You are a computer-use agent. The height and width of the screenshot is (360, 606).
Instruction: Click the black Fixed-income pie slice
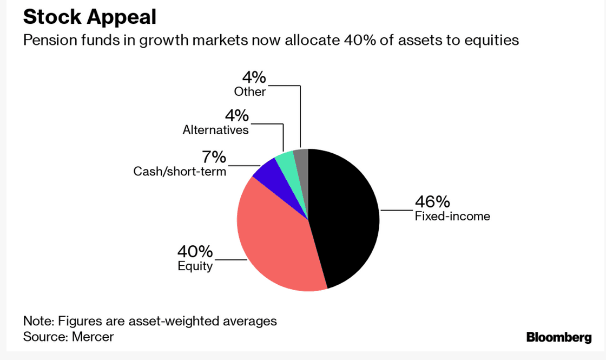click(x=346, y=217)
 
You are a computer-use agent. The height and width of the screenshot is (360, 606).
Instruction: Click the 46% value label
click(x=432, y=202)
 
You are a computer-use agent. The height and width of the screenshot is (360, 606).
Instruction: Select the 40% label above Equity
click(x=195, y=252)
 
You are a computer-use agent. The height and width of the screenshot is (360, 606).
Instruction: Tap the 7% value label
click(x=214, y=158)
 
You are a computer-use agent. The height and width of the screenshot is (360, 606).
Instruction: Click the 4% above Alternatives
click(x=237, y=116)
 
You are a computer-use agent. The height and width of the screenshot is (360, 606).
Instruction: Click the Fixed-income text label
click(x=452, y=217)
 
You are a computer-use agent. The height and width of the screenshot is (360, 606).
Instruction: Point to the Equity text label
click(x=195, y=266)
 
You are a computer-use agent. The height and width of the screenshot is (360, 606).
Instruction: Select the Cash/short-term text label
click(x=180, y=172)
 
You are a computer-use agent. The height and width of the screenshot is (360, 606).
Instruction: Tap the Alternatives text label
click(x=215, y=130)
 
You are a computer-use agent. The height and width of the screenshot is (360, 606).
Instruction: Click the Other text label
click(x=250, y=91)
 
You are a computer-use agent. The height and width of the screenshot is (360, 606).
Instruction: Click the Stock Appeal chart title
click(x=89, y=17)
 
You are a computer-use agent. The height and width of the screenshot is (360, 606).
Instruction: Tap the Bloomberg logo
click(x=559, y=337)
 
